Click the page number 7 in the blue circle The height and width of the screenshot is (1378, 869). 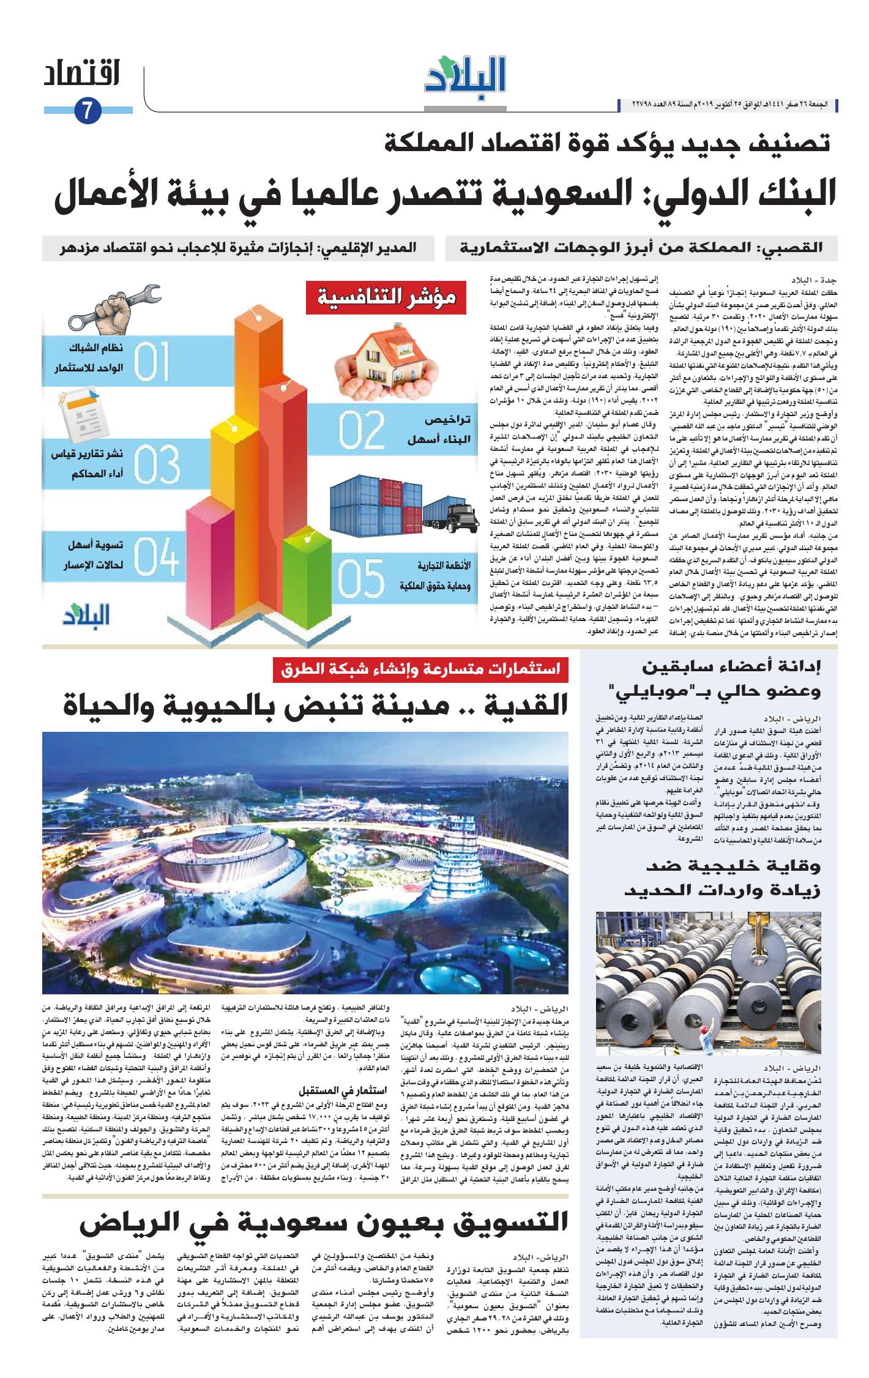pyautogui.click(x=87, y=111)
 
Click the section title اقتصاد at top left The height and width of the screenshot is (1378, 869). pyautogui.click(x=81, y=74)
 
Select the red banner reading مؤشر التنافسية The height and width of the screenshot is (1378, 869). pyautogui.click(x=387, y=298)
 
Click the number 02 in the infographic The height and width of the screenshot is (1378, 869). pyautogui.click(x=361, y=430)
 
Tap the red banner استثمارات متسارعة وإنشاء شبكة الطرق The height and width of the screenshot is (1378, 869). pyautogui.click(x=420, y=669)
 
